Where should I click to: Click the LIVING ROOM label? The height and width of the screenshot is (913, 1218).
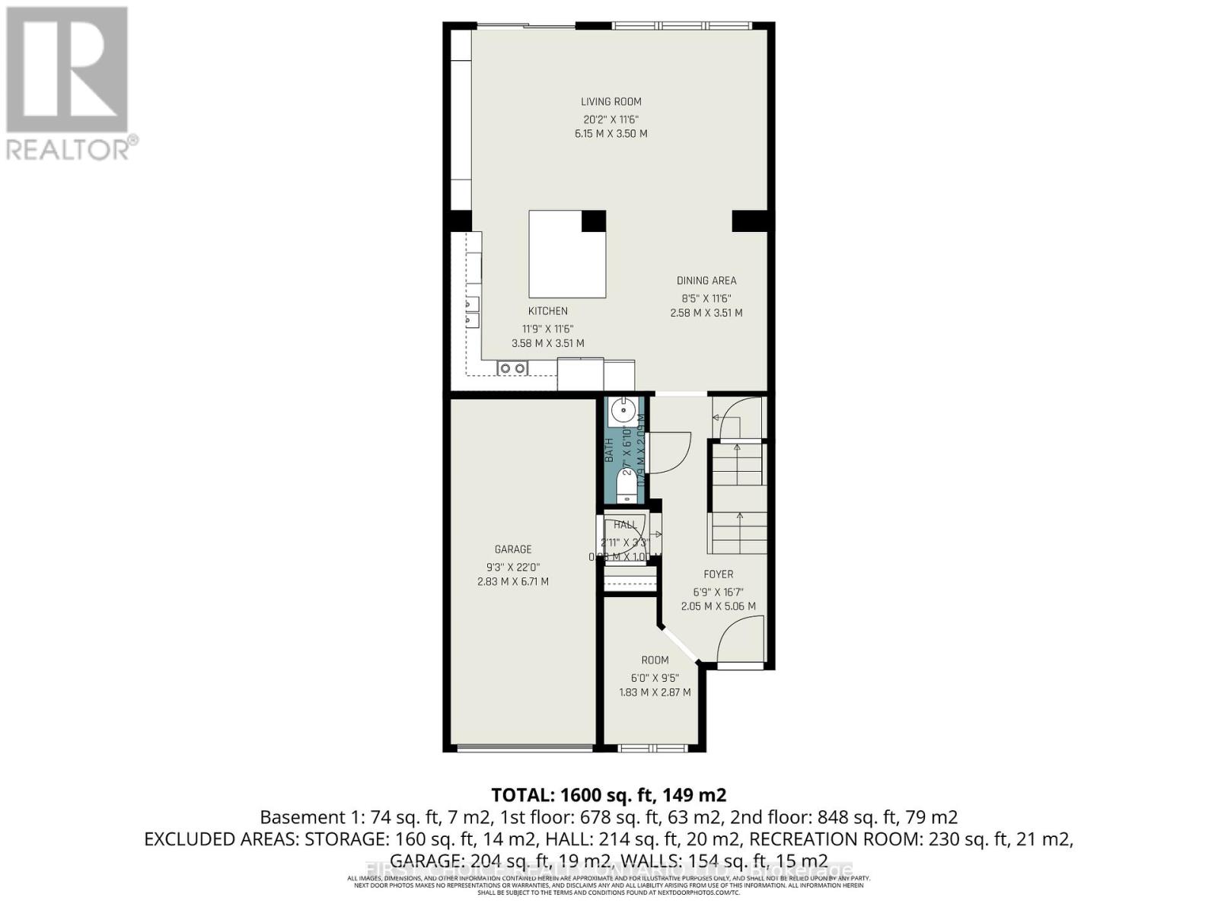pyautogui.click(x=611, y=101)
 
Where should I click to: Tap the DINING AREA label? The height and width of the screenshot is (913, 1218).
pyautogui.click(x=706, y=281)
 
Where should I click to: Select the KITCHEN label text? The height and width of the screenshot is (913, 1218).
pyautogui.click(x=548, y=310)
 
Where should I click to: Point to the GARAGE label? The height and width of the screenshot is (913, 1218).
pyautogui.click(x=513, y=549)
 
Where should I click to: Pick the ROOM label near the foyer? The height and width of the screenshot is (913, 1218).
pyautogui.click(x=655, y=660)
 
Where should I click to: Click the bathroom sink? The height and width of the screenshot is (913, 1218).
pyautogui.click(x=623, y=412)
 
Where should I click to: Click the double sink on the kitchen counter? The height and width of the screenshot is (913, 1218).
pyautogui.click(x=512, y=369)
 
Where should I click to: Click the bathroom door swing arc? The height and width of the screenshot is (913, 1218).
pyautogui.click(x=670, y=453)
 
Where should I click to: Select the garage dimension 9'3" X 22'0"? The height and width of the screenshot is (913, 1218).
pyautogui.click(x=513, y=566)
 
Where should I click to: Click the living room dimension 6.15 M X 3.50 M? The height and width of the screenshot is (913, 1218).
pyautogui.click(x=611, y=134)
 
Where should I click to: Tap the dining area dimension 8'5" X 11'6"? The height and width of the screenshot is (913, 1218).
pyautogui.click(x=706, y=298)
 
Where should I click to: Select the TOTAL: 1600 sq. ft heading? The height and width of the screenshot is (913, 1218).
pyautogui.click(x=609, y=795)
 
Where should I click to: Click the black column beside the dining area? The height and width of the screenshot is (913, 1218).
pyautogui.click(x=749, y=221)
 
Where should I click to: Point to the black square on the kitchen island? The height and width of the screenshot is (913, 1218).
pyautogui.click(x=594, y=221)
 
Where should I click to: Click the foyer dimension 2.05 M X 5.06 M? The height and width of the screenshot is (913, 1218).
pyautogui.click(x=718, y=606)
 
